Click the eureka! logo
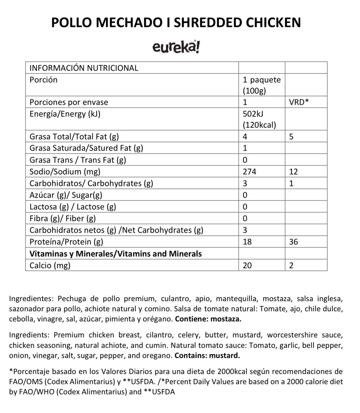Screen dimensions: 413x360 coord(176,47)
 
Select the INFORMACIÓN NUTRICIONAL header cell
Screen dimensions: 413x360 coord(84,68)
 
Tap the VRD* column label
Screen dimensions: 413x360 coord(299,102)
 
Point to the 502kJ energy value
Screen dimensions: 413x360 coord(253,114)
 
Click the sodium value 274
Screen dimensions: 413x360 coord(249,172)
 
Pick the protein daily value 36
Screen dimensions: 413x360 coord(294,242)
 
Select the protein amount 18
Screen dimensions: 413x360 coord(247,242)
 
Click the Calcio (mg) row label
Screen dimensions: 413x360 coord(50,265)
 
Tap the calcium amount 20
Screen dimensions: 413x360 coord(247,265)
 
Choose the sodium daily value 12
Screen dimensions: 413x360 coord(294,172)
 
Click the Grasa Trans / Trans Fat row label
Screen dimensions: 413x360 coord(78,160)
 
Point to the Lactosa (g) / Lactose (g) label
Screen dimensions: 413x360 coord(73,207)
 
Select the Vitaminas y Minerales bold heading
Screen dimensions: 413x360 coord(115,254)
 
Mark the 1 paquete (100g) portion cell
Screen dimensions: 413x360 coord(262,85)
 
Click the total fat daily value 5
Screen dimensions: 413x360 coord(291,137)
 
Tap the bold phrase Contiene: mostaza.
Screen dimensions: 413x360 coord(208,319)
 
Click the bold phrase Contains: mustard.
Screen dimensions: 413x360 coord(207,355)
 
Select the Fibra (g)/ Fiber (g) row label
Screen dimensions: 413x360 coord(62,218)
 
